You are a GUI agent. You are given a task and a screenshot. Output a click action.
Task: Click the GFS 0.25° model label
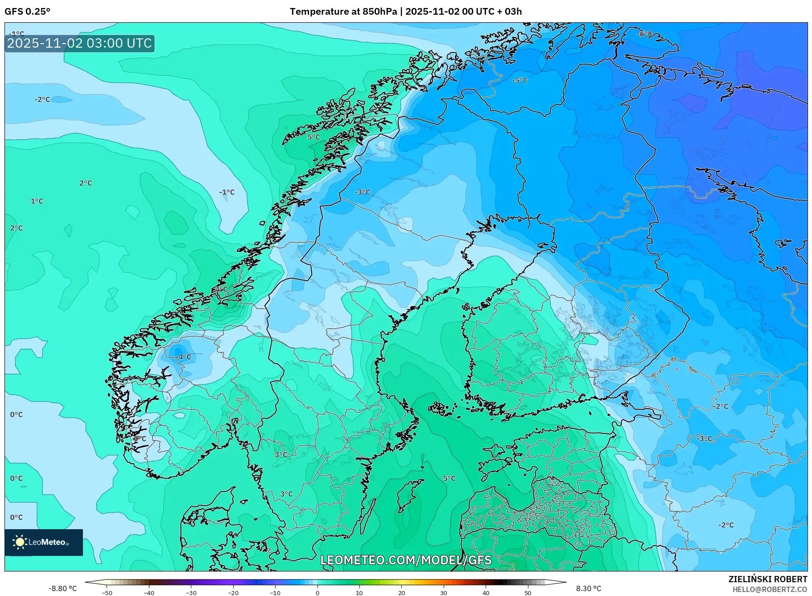click(27, 12)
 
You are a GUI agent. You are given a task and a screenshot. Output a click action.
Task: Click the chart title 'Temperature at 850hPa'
click(343, 12)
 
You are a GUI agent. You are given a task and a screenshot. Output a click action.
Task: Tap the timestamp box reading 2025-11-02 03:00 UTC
click(79, 43)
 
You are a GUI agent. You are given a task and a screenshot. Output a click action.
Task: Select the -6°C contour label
click(645, 34)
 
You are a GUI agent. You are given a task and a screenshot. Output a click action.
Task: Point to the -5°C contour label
click(520, 81)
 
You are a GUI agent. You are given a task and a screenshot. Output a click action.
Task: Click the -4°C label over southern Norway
click(183, 357)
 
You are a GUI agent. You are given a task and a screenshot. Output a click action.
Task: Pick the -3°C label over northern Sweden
click(363, 192)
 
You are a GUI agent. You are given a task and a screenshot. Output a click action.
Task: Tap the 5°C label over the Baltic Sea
click(449, 478)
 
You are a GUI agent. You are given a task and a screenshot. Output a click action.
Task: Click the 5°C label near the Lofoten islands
click(313, 137)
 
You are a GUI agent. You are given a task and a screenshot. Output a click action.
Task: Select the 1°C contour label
click(37, 201)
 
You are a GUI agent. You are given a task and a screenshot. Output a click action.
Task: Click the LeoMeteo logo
click(44, 542)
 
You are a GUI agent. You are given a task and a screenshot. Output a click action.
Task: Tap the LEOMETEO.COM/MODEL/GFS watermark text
click(406, 560)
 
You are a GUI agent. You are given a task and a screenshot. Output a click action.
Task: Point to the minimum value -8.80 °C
click(63, 588)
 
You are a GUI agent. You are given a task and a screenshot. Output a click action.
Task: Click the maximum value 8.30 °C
click(589, 588)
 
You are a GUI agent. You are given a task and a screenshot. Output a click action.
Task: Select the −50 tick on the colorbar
click(107, 593)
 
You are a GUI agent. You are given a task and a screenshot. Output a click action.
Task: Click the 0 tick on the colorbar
click(317, 593)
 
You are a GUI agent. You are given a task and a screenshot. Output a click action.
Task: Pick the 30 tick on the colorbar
click(444, 593)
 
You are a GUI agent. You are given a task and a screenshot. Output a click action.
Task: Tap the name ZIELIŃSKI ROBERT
click(768, 579)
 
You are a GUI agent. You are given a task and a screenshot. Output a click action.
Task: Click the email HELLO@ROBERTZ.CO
click(770, 589)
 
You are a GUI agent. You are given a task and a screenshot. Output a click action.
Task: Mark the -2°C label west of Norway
click(43, 100)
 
